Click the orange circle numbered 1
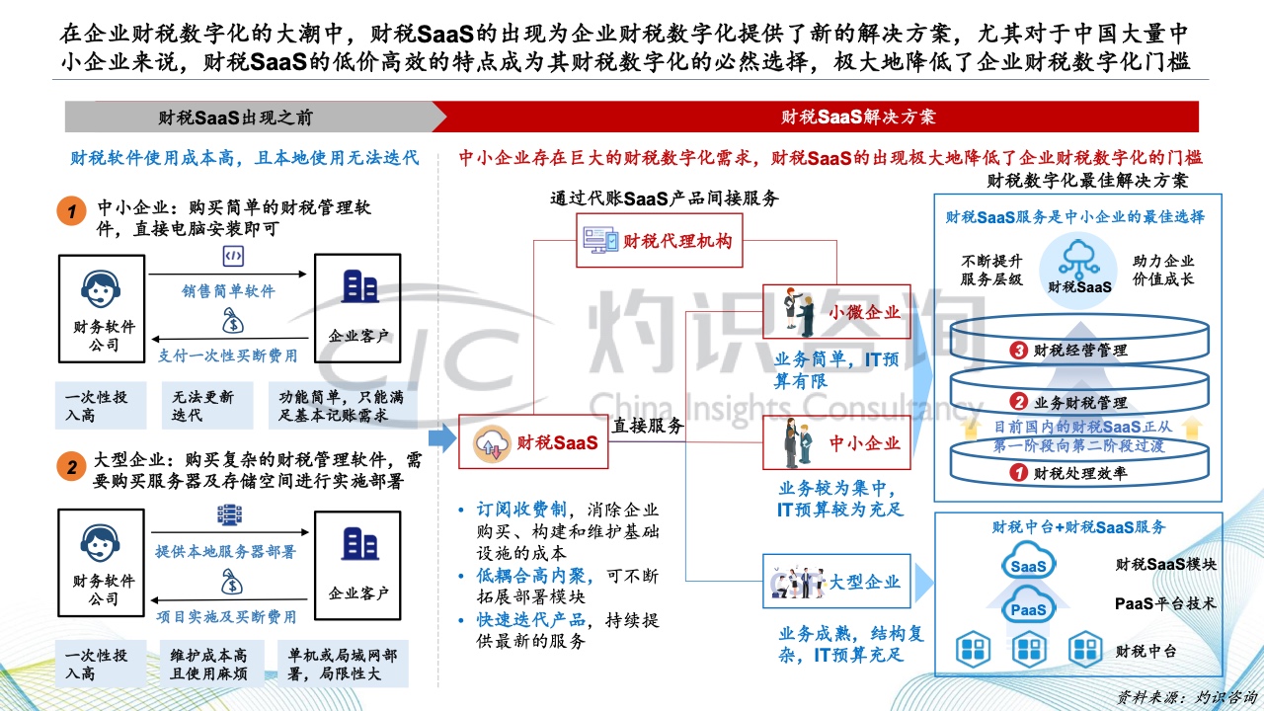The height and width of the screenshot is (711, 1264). [x=72, y=211]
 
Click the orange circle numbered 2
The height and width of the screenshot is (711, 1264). [x=72, y=467]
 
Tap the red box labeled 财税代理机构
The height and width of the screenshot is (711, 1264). [x=659, y=240]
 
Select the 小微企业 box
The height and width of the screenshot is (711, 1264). [x=836, y=311]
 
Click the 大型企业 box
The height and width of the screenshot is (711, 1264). [x=836, y=582]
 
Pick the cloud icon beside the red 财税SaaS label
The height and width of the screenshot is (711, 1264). [x=492, y=443]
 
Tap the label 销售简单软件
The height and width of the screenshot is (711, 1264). [x=228, y=291]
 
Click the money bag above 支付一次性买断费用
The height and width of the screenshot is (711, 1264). [x=232, y=321]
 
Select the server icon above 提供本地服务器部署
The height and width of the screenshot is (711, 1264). [x=230, y=515]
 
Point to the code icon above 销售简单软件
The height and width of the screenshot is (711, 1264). [x=233, y=256]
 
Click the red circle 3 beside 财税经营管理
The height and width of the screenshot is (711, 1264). [x=1018, y=351]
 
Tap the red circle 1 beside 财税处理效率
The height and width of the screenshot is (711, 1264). [x=1018, y=472]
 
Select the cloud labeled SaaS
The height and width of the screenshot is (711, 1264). [x=1028, y=562]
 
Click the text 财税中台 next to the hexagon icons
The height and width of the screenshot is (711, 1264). [x=1145, y=651]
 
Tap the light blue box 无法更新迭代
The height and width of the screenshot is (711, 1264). [x=207, y=406]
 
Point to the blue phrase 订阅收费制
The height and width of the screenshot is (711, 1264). [x=521, y=510]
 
